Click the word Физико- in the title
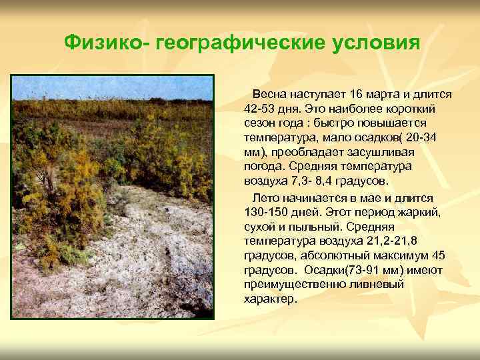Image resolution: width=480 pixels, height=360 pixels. pos(107,43)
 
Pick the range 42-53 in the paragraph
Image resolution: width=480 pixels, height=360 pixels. pos(260,109)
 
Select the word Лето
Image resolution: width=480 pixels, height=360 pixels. pos(262,198)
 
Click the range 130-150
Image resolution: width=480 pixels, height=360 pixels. pos(268,213)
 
